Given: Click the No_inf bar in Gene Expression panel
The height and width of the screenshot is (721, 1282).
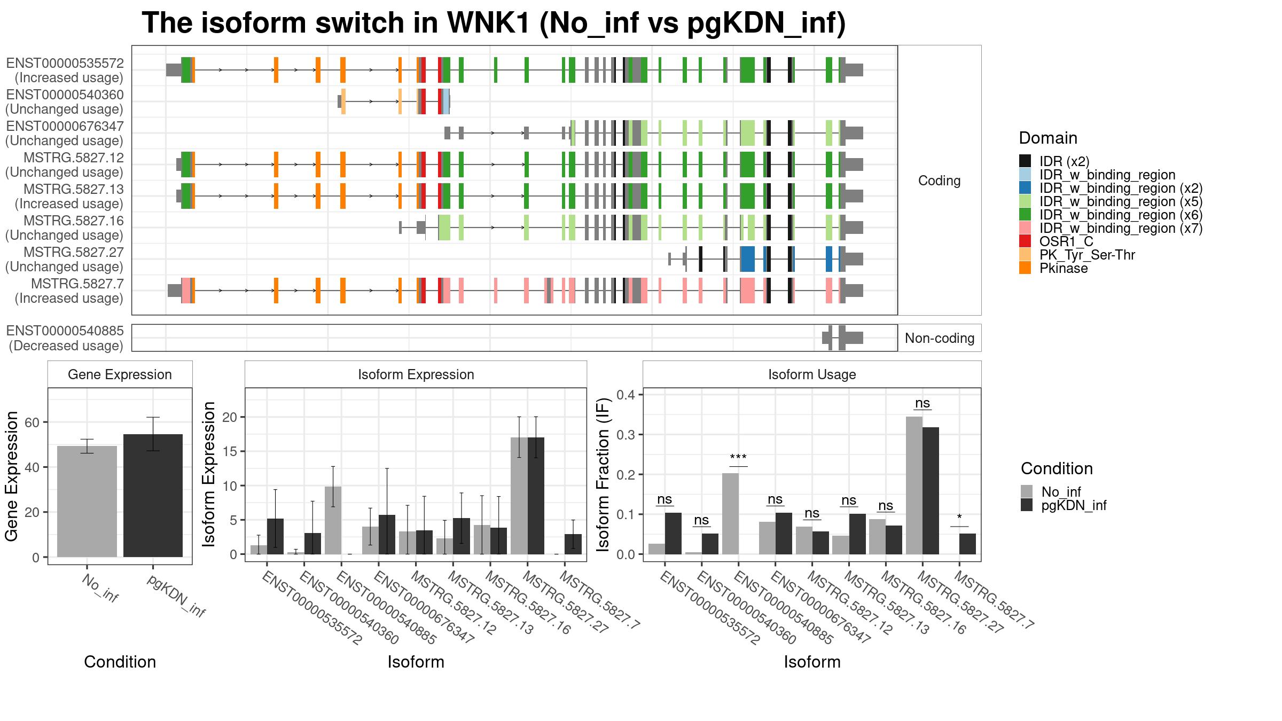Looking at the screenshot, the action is [x=87, y=501].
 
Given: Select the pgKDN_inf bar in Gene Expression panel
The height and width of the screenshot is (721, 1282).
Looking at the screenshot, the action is [x=153, y=496].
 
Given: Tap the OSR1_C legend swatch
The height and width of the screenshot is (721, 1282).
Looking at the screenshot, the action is [x=1025, y=241].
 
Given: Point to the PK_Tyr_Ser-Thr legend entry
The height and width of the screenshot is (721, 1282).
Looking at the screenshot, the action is [x=1077, y=255].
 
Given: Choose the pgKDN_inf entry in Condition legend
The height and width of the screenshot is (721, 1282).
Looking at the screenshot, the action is [x=1064, y=505].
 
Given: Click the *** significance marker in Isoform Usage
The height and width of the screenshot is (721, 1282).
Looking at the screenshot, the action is [x=738, y=458].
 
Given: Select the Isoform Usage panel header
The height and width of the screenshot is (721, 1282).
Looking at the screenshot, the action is [x=812, y=374].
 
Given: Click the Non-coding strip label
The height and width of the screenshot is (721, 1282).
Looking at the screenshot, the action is [x=940, y=338].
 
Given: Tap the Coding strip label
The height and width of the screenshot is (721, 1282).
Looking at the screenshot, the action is [x=940, y=181].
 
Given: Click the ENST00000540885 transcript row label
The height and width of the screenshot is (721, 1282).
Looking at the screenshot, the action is [x=65, y=338].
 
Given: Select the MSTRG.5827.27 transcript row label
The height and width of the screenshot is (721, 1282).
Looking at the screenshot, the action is [x=65, y=259].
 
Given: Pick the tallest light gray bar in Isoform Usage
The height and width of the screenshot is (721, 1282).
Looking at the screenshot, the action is [x=914, y=485].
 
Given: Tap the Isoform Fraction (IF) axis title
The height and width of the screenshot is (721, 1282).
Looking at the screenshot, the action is [x=603, y=474].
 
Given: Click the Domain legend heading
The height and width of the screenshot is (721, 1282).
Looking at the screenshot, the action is [x=1048, y=138].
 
